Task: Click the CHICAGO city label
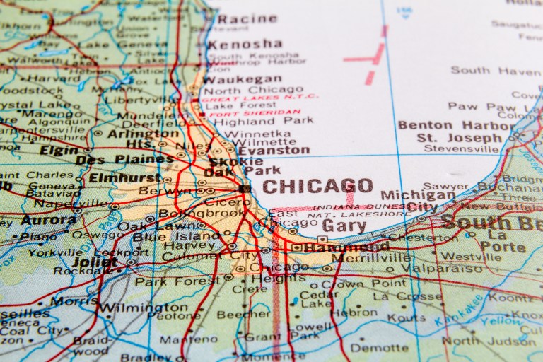[317, 187]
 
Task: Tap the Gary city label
[344, 226]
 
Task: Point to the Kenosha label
[244, 44]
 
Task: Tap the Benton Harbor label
[455, 126]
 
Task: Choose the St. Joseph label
[449, 137]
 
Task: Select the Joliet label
[95, 262]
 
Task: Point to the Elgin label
[59, 151]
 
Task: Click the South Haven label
[495, 70]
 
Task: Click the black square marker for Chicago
[245, 189]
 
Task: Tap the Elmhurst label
[121, 178]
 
